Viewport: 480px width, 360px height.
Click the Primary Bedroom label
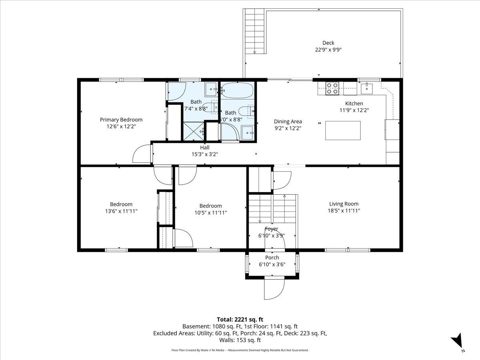(x=121, y=120)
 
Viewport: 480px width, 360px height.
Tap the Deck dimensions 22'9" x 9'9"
(x=328, y=50)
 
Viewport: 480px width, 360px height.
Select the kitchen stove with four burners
(x=332, y=88)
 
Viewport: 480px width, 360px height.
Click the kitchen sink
(x=367, y=88)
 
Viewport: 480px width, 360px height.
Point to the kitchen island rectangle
(x=343, y=130)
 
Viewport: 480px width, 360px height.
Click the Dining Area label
(x=288, y=122)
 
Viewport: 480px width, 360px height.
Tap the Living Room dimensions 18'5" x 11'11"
(x=344, y=210)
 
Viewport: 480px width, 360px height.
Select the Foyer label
(x=271, y=229)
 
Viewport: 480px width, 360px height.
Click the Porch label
(x=272, y=258)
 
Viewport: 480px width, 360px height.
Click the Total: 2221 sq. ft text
(x=240, y=319)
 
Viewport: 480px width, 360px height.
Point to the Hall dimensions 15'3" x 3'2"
(x=205, y=154)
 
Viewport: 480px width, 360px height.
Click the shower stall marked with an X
(x=194, y=131)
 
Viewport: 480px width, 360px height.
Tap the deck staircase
(x=254, y=31)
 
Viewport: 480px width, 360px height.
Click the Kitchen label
(x=354, y=103)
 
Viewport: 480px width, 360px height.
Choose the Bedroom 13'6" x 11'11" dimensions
(x=121, y=211)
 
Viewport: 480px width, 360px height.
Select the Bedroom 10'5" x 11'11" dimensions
(x=210, y=213)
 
